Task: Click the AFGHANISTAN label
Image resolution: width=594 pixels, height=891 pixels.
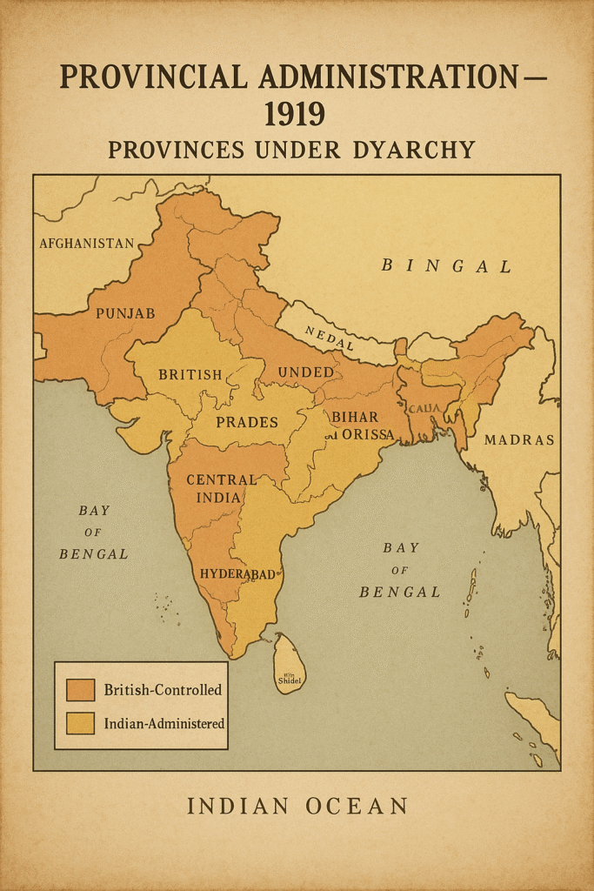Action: coord(87,244)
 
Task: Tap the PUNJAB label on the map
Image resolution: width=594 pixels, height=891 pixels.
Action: coord(125,312)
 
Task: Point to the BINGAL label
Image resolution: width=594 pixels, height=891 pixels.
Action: coord(446,266)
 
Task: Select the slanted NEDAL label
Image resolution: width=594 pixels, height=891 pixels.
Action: coord(330,338)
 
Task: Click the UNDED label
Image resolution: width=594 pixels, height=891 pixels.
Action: coord(305,372)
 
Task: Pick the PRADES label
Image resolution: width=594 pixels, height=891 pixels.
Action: coord(247,422)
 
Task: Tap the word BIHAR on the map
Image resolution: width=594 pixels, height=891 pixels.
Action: coord(355,417)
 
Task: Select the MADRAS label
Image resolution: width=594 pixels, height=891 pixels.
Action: coord(519,440)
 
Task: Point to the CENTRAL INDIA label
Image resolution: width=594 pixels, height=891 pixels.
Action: coord(222,488)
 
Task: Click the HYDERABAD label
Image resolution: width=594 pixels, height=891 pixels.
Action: coord(237,574)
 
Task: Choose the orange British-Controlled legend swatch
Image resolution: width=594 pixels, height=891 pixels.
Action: coord(80,690)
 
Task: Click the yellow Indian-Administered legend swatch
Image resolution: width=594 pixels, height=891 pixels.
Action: coord(80,723)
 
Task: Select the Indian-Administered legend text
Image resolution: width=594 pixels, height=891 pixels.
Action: coord(164,723)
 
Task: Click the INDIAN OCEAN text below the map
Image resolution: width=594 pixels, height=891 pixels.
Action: coord(297,807)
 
